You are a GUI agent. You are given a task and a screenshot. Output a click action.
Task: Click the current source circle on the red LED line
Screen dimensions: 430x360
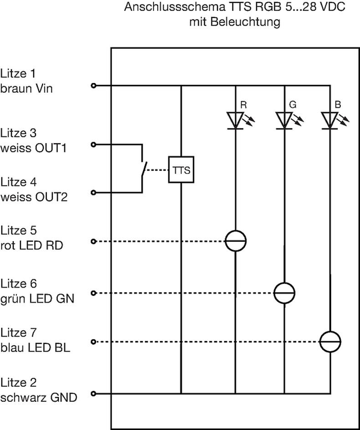point(236,240)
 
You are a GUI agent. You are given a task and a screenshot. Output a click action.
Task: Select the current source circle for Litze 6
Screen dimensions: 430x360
point(284,293)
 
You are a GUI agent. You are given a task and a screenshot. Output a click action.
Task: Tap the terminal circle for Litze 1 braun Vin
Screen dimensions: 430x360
point(94,85)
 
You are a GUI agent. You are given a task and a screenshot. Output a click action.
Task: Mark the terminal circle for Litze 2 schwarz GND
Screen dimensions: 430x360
point(94,394)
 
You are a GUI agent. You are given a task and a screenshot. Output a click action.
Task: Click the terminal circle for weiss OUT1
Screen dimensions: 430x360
point(94,145)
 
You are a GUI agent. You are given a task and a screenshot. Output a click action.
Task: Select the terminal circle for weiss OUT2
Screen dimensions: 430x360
point(94,193)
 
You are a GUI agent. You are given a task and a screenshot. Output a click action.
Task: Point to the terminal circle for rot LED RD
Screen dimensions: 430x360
point(94,241)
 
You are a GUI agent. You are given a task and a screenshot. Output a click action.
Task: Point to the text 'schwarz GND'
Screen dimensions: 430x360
point(39,397)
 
